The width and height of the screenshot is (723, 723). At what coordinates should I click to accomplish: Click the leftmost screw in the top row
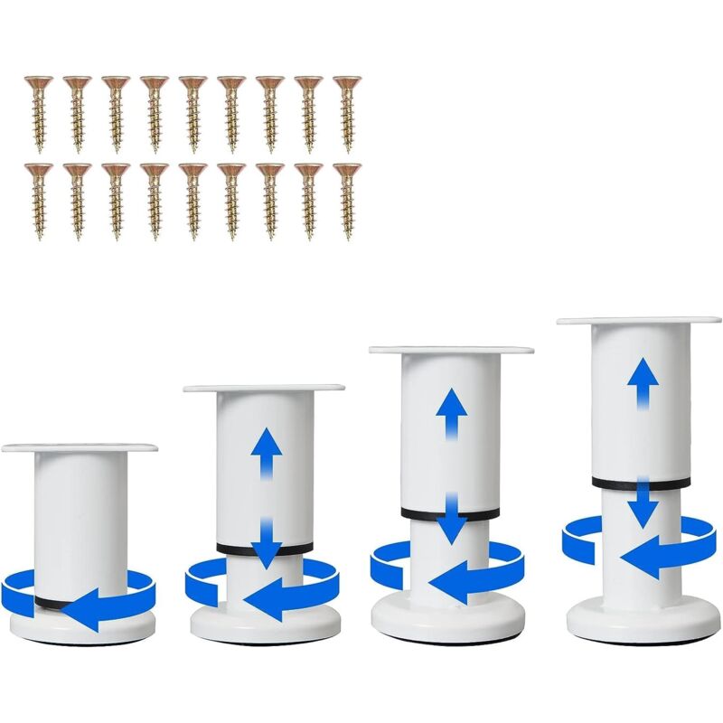[37, 113]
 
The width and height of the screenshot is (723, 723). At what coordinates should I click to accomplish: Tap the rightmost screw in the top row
[346, 113]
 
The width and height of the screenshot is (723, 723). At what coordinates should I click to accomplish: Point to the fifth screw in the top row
[192, 113]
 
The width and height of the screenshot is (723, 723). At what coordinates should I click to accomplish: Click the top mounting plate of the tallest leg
[638, 321]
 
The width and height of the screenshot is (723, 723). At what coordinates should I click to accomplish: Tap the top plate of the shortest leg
[80, 447]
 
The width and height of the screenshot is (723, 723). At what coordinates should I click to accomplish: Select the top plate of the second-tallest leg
[451, 350]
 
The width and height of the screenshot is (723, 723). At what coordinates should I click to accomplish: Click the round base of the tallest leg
[643, 623]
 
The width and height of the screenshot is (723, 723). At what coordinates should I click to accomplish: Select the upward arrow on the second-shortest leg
[268, 452]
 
